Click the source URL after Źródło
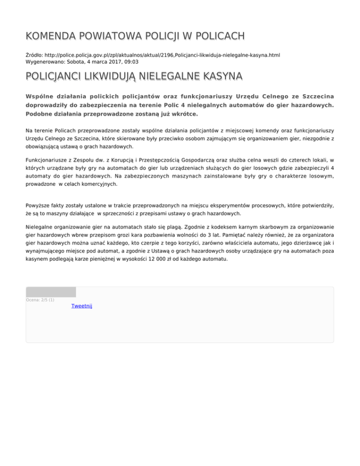pos(163,55)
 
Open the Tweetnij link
pos(82,306)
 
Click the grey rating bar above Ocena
pos(51,292)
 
